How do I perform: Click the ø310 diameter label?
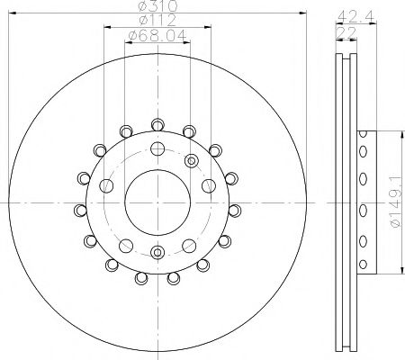tap(157, 8)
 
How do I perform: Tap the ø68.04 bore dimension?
tap(157, 36)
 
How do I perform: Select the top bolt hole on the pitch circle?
tap(157, 148)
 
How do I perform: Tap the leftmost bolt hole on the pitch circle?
tap(108, 186)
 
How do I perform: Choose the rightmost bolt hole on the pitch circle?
tap(208, 186)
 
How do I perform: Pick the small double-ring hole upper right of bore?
tap(190, 160)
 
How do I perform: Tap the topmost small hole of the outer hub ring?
tap(157, 124)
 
